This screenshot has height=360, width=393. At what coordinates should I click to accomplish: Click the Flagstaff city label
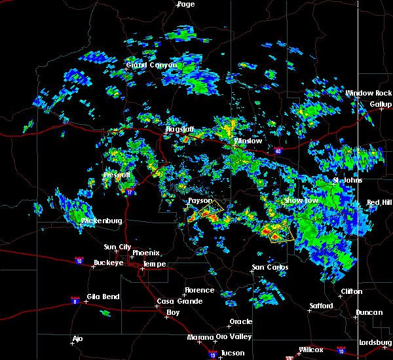point(178,130)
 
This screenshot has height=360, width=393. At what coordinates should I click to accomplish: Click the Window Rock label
point(369,94)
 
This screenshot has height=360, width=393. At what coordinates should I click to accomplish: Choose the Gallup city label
point(381,104)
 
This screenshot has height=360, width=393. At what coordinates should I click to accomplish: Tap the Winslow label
point(248,141)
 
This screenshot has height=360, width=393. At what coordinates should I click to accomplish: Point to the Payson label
point(200,201)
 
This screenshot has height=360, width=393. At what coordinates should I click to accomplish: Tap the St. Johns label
point(346,181)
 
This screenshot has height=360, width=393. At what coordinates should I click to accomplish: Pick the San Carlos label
point(269,268)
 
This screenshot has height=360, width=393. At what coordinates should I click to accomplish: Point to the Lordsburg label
point(375,343)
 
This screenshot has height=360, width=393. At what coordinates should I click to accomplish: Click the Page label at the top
point(186,4)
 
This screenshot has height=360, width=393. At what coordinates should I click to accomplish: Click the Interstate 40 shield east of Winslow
point(277,151)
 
